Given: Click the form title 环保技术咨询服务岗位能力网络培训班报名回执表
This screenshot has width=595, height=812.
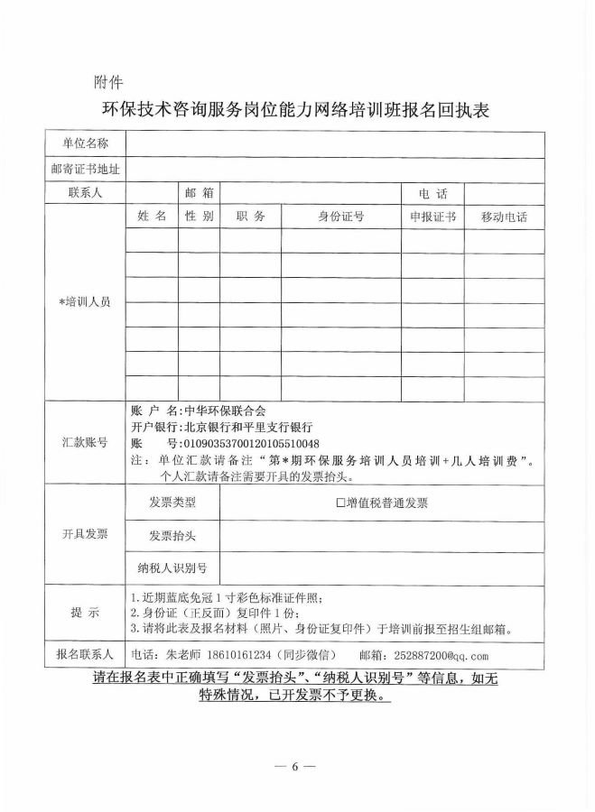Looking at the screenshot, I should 296,111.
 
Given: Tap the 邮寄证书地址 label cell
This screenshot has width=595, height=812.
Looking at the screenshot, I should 85,169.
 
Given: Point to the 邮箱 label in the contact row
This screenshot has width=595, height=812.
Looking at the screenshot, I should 199,193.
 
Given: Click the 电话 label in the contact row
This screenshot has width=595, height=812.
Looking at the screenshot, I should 432,193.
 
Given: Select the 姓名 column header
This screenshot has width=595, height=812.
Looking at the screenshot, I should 151,217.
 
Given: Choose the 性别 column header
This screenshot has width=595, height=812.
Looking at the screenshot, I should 199,217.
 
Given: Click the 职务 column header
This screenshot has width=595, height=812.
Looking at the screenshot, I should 250,217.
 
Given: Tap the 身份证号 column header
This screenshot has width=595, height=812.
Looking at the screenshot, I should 340,217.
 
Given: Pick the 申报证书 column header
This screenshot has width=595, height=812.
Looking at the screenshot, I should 432,217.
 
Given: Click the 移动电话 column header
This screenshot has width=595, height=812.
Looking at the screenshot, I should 504,217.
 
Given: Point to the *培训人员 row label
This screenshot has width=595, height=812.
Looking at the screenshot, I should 85,302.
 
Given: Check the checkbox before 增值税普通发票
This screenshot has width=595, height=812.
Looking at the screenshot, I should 340,503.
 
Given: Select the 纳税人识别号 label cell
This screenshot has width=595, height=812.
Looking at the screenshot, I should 172,568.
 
